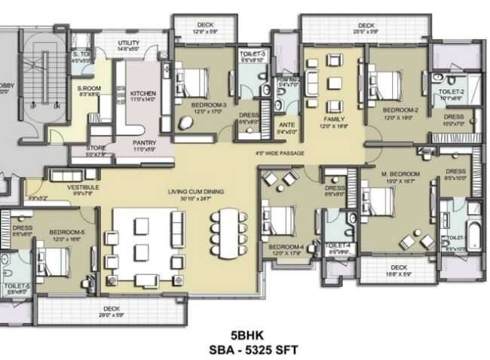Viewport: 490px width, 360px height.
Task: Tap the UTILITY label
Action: click(129, 44)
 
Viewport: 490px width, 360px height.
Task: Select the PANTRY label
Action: click(145, 142)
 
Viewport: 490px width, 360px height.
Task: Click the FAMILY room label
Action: click(334, 119)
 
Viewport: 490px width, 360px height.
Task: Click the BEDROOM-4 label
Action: click(286, 246)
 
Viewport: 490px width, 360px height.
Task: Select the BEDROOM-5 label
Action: click(66, 233)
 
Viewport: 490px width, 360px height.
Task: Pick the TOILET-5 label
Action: click(16, 286)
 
